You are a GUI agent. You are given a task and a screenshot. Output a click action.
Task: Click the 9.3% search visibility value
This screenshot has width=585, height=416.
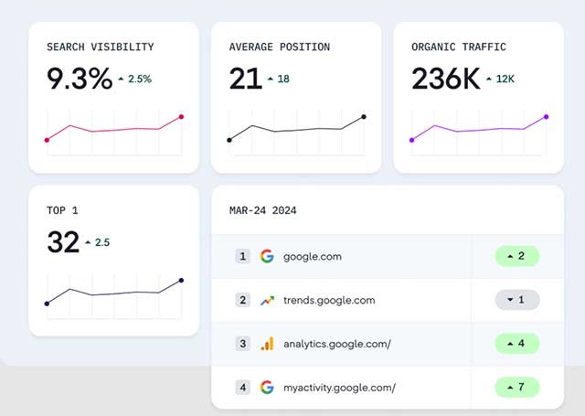pos(79,80)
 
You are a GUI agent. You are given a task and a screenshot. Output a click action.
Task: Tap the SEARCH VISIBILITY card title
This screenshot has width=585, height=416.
pos(100,46)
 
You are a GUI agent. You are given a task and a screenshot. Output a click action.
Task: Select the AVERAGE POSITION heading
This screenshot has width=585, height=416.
pos(279,46)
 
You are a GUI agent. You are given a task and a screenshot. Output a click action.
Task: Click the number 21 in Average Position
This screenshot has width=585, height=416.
pos(245,80)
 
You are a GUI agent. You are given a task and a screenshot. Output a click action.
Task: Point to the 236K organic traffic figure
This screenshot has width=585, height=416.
pos(445,80)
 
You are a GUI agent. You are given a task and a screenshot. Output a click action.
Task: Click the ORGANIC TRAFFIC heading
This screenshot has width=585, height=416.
pos(458,46)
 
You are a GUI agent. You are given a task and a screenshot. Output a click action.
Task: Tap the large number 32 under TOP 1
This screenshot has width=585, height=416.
pos(62,242)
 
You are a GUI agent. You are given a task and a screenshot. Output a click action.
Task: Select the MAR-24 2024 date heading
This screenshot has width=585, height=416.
pos(262,210)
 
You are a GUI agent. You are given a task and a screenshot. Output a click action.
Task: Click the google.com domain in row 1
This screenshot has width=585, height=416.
pos(312,256)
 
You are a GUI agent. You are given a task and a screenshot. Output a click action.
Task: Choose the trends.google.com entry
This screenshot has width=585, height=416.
pos(329,300)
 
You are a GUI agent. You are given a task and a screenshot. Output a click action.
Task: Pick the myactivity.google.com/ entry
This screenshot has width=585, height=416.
pos(339,388)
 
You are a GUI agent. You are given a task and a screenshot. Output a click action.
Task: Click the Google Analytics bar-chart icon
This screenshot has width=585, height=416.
pos(267,344)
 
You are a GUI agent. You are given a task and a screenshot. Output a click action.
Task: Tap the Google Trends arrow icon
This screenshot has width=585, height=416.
pos(267,300)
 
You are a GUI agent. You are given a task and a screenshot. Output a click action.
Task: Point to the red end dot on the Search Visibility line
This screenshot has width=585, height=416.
pos(181,116)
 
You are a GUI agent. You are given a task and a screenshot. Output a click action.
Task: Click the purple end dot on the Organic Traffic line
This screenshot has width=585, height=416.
pos(546,116)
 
